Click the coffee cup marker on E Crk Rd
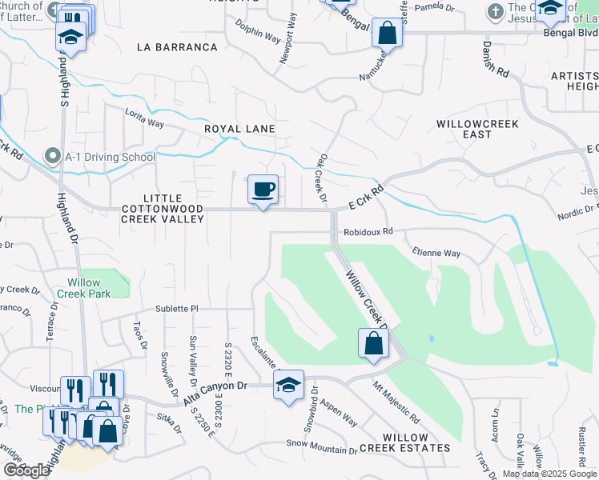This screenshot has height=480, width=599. tap(263, 190)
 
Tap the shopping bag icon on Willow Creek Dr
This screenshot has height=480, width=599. tap(373, 343)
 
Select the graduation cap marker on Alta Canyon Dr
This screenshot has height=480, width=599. tap(288, 386)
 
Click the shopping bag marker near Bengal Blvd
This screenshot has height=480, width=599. tap(387, 34)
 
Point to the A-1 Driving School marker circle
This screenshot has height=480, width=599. tap(53, 157)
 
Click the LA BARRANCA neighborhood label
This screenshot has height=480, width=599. tap(177, 47)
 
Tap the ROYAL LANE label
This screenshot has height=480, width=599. tap(239, 129)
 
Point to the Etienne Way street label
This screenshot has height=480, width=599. tap(436, 253)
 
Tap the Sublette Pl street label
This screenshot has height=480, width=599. tap(176, 308)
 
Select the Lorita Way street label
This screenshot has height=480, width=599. tap(144, 119)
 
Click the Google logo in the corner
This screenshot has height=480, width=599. tap(26, 470)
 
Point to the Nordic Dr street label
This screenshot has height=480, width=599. tap(577, 213)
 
